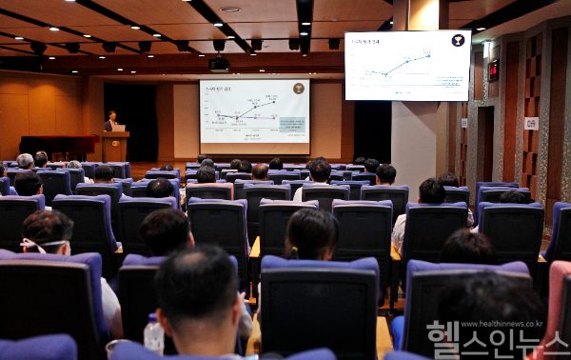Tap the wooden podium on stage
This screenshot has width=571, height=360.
115,146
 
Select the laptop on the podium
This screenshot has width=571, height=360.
118,129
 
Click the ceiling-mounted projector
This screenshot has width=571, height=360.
220,65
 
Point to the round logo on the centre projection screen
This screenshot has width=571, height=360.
299,89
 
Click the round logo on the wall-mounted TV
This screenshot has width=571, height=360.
458,41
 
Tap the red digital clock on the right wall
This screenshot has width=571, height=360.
493,70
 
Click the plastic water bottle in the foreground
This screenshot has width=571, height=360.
153,334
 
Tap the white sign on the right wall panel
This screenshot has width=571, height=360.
531,123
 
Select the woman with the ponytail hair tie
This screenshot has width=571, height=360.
311,233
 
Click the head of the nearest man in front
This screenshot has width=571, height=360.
198,290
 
